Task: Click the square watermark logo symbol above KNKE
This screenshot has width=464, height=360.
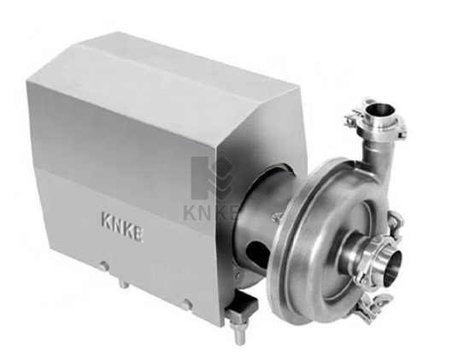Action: tap(212, 177)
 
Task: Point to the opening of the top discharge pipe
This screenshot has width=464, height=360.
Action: tap(380, 110)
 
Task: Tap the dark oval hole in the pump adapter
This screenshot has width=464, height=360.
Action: tap(257, 251)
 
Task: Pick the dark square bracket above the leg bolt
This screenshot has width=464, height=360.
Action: tap(242, 308)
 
